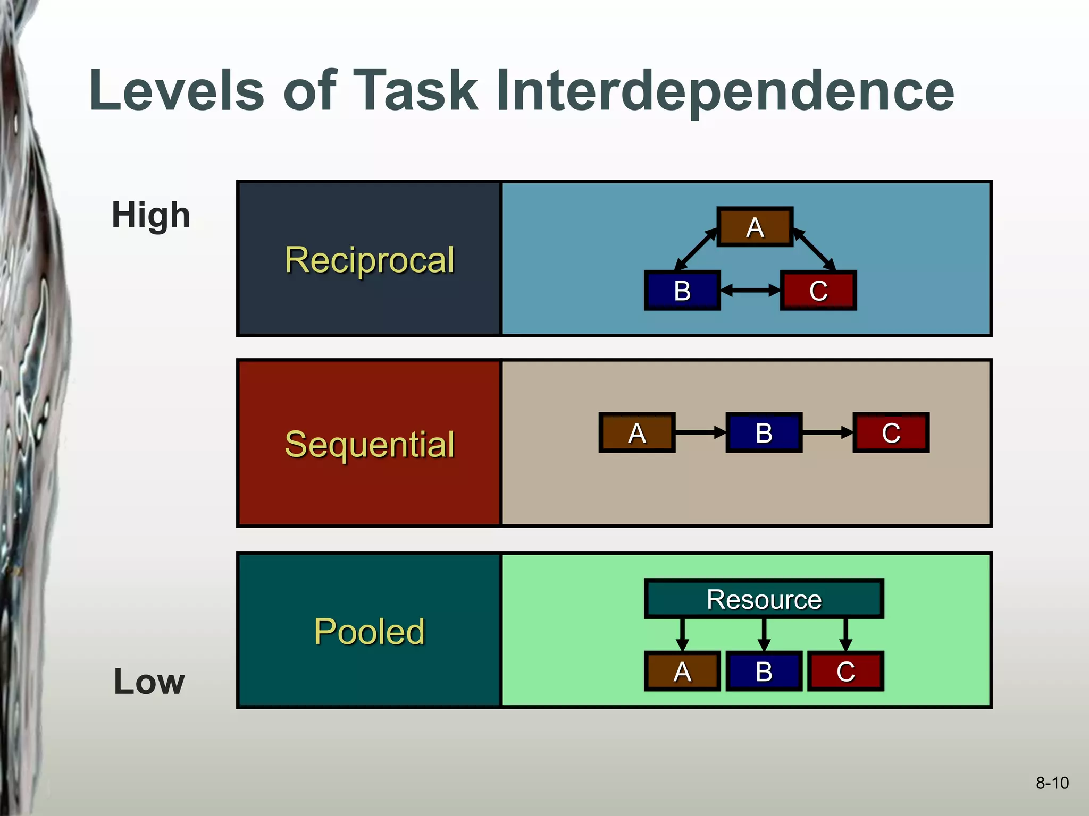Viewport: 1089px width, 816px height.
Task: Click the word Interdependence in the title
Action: (x=725, y=91)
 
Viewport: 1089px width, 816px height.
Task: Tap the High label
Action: (x=150, y=215)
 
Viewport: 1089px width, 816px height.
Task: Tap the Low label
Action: (x=149, y=682)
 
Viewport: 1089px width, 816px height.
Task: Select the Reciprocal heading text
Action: (x=369, y=260)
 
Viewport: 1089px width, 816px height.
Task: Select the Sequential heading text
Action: (x=369, y=444)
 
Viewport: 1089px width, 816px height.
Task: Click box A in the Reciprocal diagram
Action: (x=755, y=227)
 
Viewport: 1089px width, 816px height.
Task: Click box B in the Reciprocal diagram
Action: (x=682, y=291)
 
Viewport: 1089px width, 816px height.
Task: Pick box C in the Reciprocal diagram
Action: (x=818, y=291)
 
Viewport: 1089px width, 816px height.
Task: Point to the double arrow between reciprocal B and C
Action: (x=750, y=291)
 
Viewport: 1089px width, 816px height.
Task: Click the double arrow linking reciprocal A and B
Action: (x=696, y=249)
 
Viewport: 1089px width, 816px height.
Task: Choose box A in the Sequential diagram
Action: (x=636, y=432)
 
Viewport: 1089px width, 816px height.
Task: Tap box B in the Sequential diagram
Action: (x=764, y=432)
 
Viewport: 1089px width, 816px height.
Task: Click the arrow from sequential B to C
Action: (x=827, y=432)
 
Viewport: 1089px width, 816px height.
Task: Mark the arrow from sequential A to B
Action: (x=700, y=432)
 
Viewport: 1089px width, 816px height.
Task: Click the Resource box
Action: (x=764, y=599)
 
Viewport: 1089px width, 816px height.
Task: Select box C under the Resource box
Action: (x=845, y=671)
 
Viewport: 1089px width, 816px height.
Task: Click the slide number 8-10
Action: (x=1052, y=783)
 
